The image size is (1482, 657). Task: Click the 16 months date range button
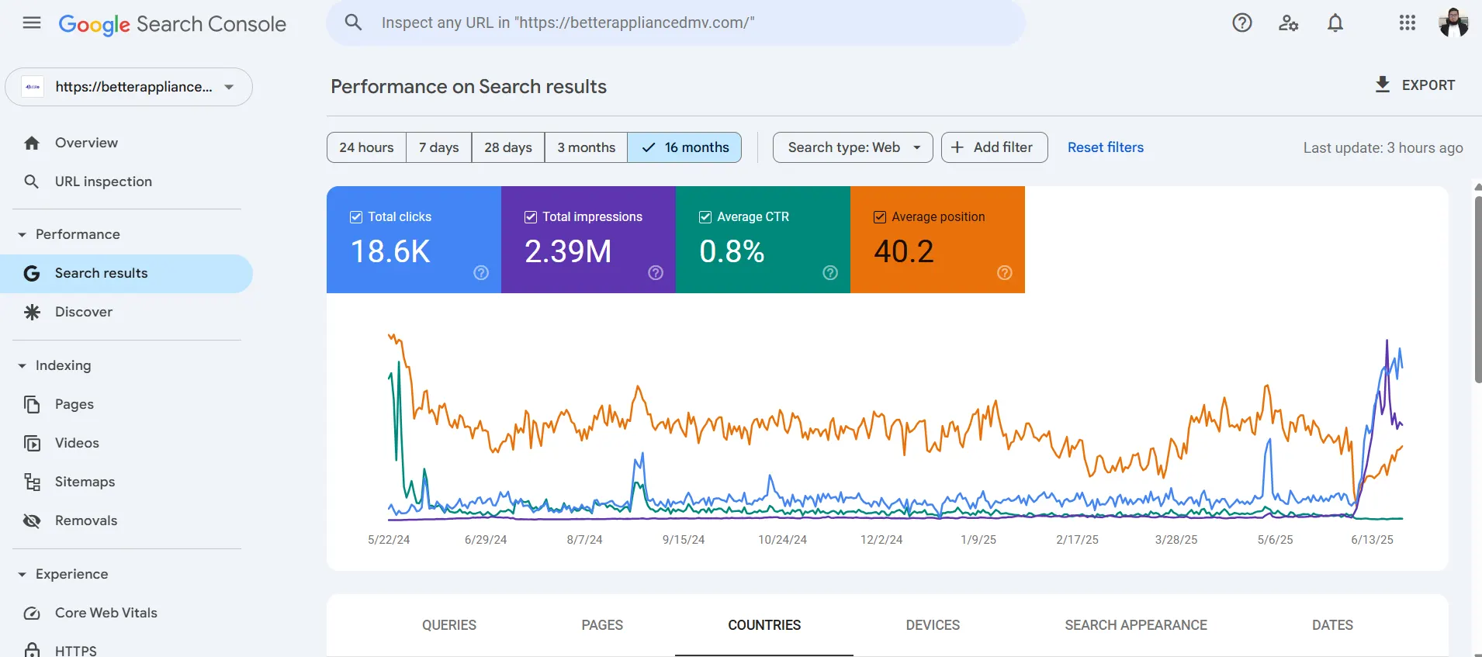(684, 147)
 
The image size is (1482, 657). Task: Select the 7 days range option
(438, 147)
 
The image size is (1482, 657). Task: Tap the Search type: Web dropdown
(853, 147)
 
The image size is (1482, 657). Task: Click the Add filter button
(994, 147)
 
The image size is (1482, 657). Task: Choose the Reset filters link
(1105, 147)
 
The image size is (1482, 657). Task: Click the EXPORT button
(1414, 85)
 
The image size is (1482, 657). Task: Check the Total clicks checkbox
(356, 217)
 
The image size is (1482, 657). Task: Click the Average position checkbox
(880, 217)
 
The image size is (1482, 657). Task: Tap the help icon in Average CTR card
(830, 272)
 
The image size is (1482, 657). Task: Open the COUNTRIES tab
(764, 625)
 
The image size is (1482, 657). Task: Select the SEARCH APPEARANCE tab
(1135, 625)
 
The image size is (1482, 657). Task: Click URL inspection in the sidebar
(103, 182)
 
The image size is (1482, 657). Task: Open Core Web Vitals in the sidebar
(106, 613)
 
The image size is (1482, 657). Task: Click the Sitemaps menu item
(85, 482)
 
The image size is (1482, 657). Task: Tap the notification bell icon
(1335, 23)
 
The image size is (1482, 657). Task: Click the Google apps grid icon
(1408, 23)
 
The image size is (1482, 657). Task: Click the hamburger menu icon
(32, 23)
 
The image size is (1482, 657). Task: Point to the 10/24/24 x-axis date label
(782, 540)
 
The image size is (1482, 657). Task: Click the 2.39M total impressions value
(568, 251)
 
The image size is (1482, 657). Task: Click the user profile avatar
(1453, 23)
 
